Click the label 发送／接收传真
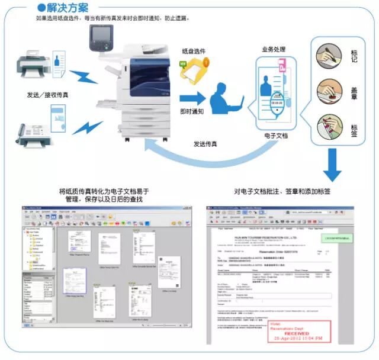click(x=47, y=95)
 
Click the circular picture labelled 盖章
click(x=329, y=92)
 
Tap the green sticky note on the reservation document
click(x=345, y=237)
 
